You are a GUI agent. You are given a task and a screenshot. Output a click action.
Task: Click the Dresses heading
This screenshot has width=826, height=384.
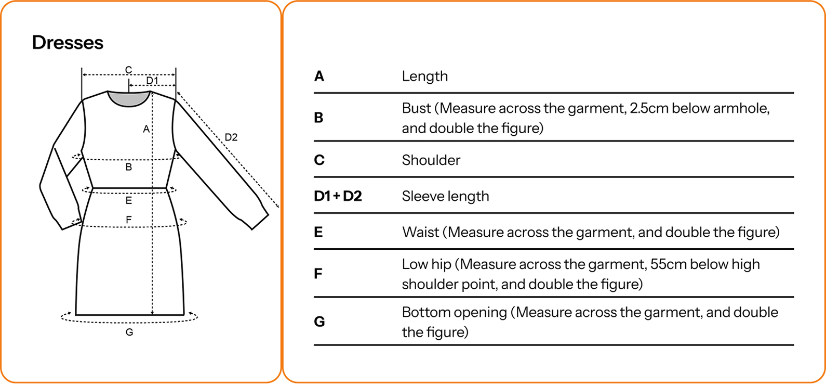(68, 43)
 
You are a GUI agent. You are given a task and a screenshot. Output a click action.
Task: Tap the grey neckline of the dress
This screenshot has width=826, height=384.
(129, 98)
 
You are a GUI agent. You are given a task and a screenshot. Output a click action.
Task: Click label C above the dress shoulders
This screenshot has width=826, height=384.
(128, 70)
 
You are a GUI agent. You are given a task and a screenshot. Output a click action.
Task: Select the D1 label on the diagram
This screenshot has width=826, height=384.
(152, 81)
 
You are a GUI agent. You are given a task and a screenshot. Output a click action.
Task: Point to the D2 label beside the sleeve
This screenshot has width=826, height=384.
(231, 137)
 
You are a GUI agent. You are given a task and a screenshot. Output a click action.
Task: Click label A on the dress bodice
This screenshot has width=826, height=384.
(146, 129)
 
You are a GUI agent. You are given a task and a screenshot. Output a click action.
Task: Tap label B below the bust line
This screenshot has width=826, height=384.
(129, 168)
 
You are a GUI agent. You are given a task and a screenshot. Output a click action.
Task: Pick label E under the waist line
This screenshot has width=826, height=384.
(129, 201)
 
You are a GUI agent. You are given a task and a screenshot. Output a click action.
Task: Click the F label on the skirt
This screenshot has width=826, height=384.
(129, 220)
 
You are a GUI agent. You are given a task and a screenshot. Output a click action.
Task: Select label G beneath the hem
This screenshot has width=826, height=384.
(129, 332)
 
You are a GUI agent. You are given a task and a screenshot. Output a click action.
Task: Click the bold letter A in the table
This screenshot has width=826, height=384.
(319, 76)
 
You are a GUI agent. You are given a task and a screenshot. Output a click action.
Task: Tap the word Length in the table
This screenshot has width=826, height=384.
(424, 76)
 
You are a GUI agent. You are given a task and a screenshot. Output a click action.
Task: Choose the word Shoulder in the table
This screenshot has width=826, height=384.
(431, 160)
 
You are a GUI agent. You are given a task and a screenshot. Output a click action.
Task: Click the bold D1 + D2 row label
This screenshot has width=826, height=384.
(338, 196)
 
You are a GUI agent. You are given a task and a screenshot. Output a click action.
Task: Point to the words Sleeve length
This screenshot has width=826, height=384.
(445, 196)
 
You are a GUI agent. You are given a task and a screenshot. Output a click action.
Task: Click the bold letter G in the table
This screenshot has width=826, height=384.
(319, 322)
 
